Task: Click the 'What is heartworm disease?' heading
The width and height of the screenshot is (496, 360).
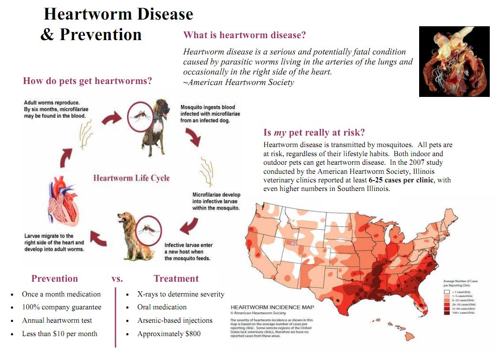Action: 244,35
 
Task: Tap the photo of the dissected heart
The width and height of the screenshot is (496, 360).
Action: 454,62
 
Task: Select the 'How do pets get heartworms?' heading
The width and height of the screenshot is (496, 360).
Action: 87,81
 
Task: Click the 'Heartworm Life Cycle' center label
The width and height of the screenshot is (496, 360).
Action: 131,178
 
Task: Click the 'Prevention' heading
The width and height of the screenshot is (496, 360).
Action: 54,279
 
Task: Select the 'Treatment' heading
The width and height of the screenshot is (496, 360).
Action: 176,279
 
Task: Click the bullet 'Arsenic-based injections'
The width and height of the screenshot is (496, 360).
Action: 175,320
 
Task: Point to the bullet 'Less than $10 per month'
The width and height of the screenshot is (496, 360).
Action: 60,334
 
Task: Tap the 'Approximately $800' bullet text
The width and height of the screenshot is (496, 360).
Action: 169,334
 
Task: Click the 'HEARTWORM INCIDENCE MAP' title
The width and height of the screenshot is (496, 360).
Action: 272,307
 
